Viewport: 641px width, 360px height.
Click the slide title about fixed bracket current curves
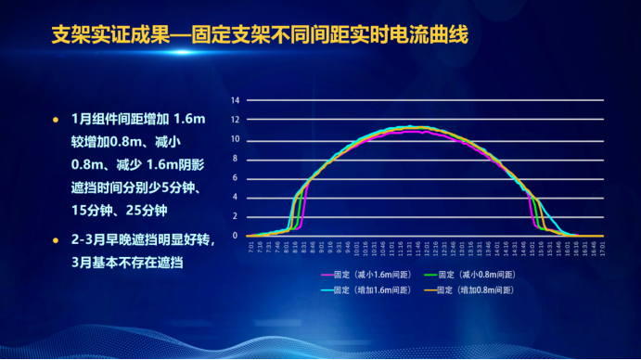point(259,36)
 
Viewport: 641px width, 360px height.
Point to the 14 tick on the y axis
point(236,100)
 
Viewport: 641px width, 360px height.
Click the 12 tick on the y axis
point(236,120)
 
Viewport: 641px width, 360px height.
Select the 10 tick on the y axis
point(236,139)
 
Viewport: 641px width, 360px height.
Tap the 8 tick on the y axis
point(237,159)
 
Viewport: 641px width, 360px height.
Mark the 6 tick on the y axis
point(237,178)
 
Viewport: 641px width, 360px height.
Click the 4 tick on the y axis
point(237,198)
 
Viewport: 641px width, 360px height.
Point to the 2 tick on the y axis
point(237,217)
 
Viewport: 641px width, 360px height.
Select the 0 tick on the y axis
point(237,236)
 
